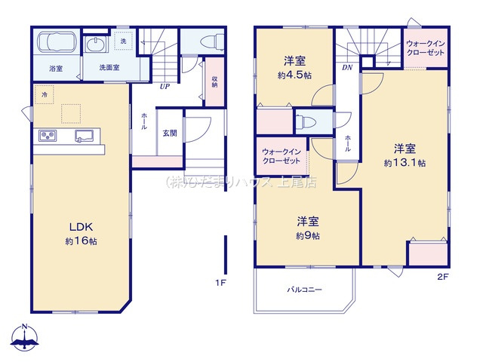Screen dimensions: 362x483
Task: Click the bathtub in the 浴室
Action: [x=53, y=47]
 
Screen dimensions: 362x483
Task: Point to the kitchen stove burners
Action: [x=50, y=136]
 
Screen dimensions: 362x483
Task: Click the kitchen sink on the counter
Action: [x=84, y=136]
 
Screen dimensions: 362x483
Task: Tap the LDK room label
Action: [x=82, y=227]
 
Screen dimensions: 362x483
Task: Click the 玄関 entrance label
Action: [x=170, y=133]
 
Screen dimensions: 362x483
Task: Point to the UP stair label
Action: [x=163, y=86]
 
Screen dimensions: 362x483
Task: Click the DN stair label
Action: [x=346, y=67]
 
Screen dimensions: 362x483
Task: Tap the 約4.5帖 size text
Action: [x=294, y=76]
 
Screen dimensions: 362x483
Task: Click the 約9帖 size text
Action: [x=307, y=235]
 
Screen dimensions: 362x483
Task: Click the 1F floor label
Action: [x=220, y=283]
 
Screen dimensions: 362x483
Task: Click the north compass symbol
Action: [x=25, y=338]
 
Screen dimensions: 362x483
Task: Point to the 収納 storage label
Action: [x=214, y=80]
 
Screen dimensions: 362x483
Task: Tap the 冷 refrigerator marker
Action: [x=45, y=95]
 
